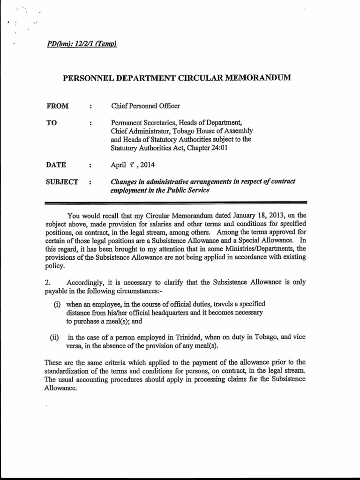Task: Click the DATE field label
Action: [56, 165]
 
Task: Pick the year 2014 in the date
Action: [146, 165]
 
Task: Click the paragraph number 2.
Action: [47, 282]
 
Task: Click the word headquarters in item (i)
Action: [172, 313]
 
